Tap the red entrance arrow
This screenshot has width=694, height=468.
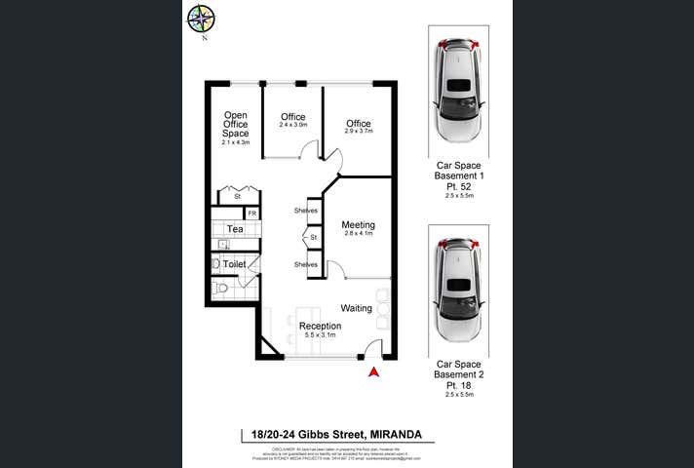click(x=371, y=370)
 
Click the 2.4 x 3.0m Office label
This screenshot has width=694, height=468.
click(x=292, y=121)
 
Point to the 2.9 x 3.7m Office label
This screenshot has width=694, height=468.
click(x=358, y=127)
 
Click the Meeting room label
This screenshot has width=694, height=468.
click(x=358, y=229)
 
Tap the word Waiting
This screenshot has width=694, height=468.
click(x=356, y=308)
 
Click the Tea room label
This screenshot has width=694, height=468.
click(x=234, y=229)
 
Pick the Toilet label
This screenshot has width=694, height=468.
click(x=234, y=264)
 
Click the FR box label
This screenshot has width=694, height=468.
click(x=251, y=214)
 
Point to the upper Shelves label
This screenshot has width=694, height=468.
click(x=306, y=211)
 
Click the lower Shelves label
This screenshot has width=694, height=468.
click(x=306, y=264)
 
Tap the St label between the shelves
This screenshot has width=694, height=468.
click(x=314, y=238)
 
